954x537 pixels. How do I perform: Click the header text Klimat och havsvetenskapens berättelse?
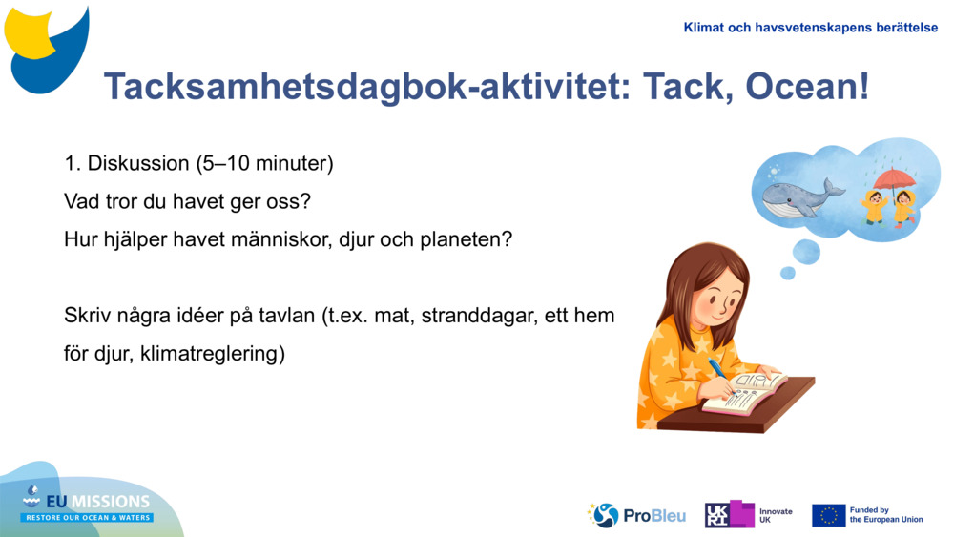click(810, 28)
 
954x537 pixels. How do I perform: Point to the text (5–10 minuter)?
click(264, 163)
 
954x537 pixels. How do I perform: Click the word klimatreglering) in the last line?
click(213, 354)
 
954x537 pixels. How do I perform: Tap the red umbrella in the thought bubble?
click(894, 179)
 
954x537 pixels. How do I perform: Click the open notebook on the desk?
click(745, 393)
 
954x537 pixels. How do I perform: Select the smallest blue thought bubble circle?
click(787, 273)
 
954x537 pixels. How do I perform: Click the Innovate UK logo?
click(748, 515)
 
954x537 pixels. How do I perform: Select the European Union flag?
click(828, 515)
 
